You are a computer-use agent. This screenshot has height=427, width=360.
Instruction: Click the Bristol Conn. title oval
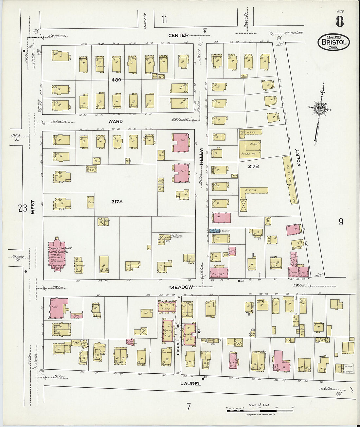point(333,42)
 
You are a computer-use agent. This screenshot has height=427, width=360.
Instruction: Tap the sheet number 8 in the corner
point(339,22)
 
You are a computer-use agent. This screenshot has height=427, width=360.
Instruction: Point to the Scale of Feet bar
point(260,410)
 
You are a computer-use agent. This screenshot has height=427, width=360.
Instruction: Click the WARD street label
point(116,121)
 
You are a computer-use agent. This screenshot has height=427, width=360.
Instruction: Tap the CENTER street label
point(178,35)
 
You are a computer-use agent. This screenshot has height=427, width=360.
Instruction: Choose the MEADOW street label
point(181,287)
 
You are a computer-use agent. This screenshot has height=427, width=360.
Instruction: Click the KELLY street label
point(202,156)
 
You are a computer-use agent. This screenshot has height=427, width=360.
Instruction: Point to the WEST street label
point(33,207)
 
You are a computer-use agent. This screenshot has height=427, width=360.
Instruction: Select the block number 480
point(116,80)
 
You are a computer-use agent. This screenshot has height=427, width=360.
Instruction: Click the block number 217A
point(117,202)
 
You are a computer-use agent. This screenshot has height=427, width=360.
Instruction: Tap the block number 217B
point(253,166)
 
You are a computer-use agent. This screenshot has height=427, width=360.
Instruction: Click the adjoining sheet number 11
point(164,19)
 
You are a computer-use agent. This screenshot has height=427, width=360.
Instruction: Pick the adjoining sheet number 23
point(22,208)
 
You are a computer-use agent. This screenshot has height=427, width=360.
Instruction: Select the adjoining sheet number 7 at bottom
point(189,407)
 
